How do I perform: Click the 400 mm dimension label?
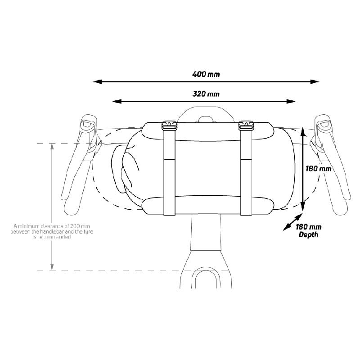click(206, 74)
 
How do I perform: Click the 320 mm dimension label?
click(206, 94)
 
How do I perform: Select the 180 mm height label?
click(318, 169)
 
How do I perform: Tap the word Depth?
click(308, 234)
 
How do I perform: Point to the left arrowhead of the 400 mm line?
click(97, 81)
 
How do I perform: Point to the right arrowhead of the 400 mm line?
click(315, 81)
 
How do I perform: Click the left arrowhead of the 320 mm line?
click(117, 101)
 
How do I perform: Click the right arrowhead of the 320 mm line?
click(291, 101)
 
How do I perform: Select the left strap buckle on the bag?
click(170, 126)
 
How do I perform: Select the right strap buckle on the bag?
click(246, 126)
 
